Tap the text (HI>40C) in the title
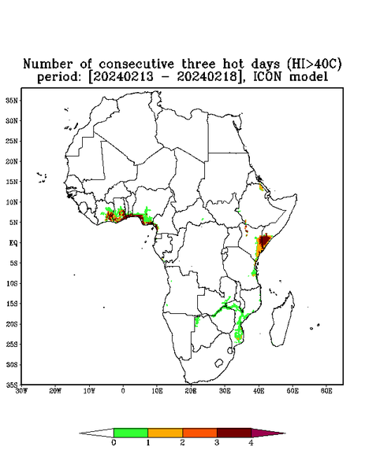(314, 65)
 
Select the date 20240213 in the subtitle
(124, 77)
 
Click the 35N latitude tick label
(12, 100)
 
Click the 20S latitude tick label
(12, 324)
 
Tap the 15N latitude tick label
(12, 182)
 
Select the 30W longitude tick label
(21, 391)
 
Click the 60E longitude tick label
(326, 391)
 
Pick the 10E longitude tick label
(157, 391)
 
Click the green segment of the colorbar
(131, 433)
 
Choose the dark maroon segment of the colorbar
(234, 433)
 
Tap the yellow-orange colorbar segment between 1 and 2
(166, 433)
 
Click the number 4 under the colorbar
(251, 443)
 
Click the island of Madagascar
(283, 319)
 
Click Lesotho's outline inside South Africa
(219, 363)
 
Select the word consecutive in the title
(136, 65)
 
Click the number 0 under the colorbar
(114, 443)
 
